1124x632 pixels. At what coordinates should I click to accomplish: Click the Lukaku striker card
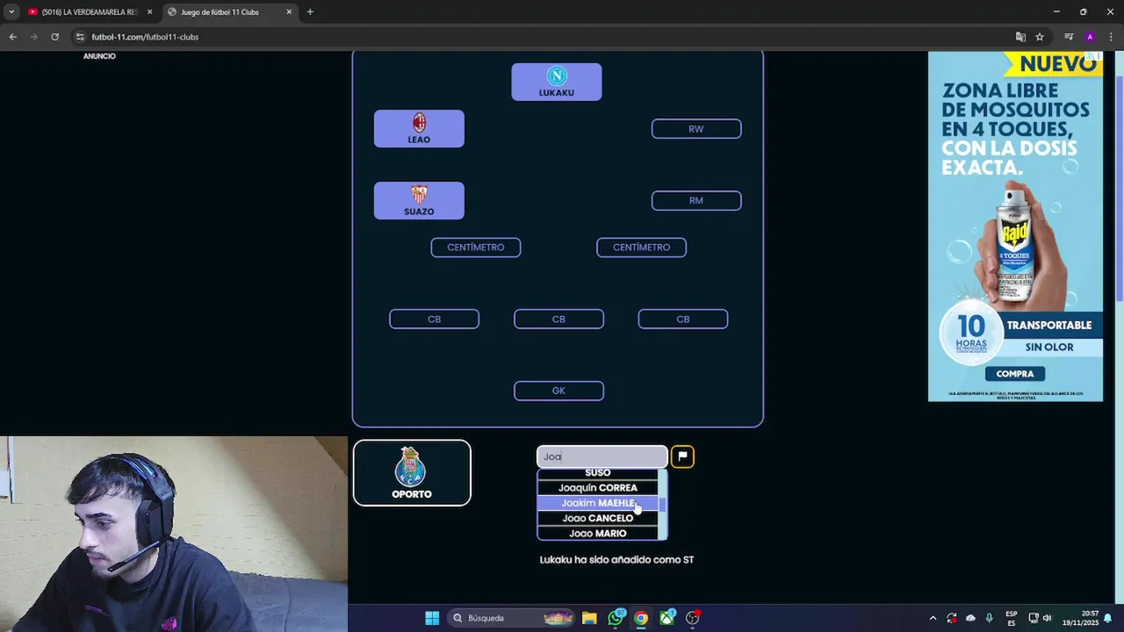(x=557, y=82)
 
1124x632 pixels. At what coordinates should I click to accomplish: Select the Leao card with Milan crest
(x=419, y=128)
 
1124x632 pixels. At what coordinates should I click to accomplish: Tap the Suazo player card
(x=419, y=200)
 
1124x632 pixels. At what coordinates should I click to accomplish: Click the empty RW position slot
(x=696, y=129)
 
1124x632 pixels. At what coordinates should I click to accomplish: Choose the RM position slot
(x=696, y=201)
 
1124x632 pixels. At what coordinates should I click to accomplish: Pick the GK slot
(x=558, y=391)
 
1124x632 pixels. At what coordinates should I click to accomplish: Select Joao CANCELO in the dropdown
(x=597, y=518)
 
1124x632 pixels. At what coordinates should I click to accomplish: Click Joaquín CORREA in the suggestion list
(x=597, y=488)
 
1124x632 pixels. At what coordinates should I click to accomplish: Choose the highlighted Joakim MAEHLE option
(x=597, y=503)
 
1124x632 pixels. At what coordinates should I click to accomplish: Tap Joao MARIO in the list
(x=597, y=533)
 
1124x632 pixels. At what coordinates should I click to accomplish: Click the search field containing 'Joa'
(x=602, y=456)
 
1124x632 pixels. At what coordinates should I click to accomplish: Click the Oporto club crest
(x=411, y=467)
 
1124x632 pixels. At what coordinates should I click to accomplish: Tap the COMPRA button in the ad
(x=1015, y=374)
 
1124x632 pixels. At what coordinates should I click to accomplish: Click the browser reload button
(x=54, y=37)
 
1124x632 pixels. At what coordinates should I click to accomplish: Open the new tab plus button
(x=310, y=12)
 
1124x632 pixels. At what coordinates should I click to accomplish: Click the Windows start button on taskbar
(x=432, y=618)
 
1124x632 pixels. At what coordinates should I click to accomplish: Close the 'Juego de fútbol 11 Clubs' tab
(x=289, y=12)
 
